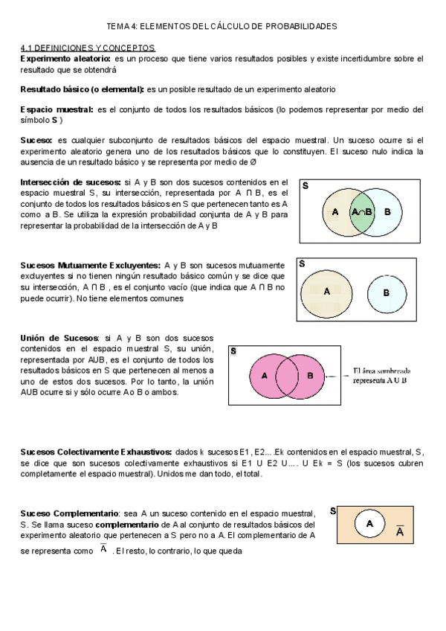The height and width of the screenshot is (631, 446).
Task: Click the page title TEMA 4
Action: [x=222, y=26]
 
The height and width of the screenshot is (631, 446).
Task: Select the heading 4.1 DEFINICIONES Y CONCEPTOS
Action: [x=87, y=47]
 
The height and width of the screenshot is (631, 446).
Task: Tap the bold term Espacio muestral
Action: [x=57, y=109]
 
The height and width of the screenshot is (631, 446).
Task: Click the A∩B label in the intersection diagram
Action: [x=362, y=212]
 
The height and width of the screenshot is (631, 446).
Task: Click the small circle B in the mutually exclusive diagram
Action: [x=386, y=292]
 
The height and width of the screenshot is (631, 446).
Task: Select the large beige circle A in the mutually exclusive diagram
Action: [x=326, y=291]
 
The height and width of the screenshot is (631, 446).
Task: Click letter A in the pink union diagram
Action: [x=265, y=375]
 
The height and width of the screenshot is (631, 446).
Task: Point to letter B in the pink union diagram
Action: [x=310, y=375]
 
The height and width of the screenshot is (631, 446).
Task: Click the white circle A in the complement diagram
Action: [x=369, y=525]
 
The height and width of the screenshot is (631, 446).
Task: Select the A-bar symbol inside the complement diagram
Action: [x=400, y=531]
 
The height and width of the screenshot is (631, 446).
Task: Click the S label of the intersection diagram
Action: [x=306, y=186]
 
